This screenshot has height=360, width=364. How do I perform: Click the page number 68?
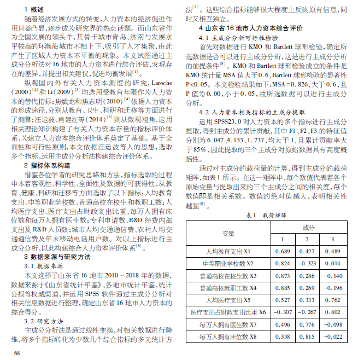point(16,353)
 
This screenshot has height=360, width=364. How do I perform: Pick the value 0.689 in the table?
point(282,251)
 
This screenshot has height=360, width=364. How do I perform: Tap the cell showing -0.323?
point(307,263)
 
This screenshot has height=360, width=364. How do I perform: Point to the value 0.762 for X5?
point(332,300)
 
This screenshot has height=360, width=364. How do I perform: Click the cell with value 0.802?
point(332,312)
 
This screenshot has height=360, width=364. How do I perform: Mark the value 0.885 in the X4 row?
point(282,288)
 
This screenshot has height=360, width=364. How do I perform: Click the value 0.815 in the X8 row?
point(307,336)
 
